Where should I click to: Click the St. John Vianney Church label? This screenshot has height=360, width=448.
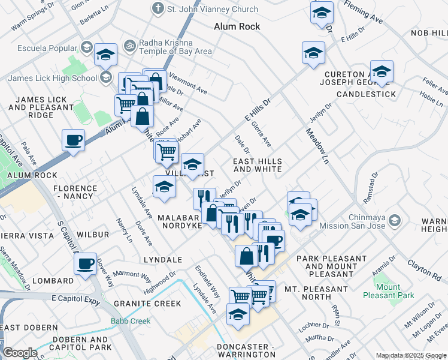(x=213, y=9)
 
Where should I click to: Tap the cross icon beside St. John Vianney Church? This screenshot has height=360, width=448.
(x=158, y=9)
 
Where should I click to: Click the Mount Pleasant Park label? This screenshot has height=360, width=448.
(x=396, y=292)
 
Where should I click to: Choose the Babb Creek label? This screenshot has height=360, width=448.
(x=131, y=321)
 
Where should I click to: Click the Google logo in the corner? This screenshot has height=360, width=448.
(x=20, y=353)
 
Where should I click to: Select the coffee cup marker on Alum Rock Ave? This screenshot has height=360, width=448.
(x=73, y=140)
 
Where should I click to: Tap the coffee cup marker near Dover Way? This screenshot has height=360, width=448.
(x=86, y=263)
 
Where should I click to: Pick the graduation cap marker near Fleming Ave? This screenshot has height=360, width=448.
(x=322, y=12)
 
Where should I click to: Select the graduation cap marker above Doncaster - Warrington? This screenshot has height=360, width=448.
(x=238, y=314)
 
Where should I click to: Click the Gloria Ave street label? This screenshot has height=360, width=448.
(x=261, y=135)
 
